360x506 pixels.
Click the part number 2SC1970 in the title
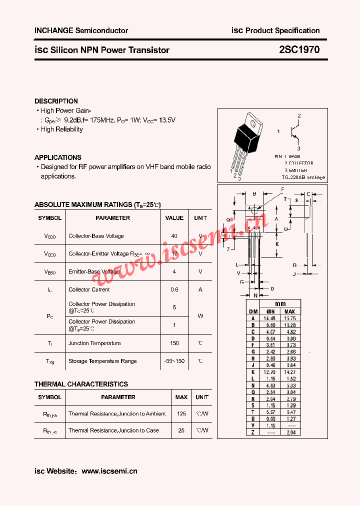click(x=299, y=50)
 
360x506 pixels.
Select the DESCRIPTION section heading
click(x=56, y=101)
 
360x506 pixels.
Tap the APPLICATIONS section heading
click(x=57, y=157)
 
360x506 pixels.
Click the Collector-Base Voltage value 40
click(x=174, y=236)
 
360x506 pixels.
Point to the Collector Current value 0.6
click(x=174, y=289)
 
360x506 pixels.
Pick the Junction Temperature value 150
click(x=174, y=343)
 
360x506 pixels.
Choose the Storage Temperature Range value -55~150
click(x=174, y=361)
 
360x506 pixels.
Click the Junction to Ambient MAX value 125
click(x=181, y=414)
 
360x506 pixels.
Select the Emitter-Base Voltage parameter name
click(x=94, y=271)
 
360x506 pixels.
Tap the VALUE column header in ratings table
click(x=174, y=218)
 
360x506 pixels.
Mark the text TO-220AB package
click(x=303, y=177)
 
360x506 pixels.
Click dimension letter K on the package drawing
click(x=276, y=243)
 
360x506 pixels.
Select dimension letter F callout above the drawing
click(x=282, y=189)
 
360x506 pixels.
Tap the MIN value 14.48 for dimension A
click(x=270, y=318)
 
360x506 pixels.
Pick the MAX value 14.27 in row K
click(x=289, y=372)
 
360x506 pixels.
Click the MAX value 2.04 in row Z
click(x=289, y=432)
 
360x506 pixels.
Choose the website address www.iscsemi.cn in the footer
click(x=109, y=471)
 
